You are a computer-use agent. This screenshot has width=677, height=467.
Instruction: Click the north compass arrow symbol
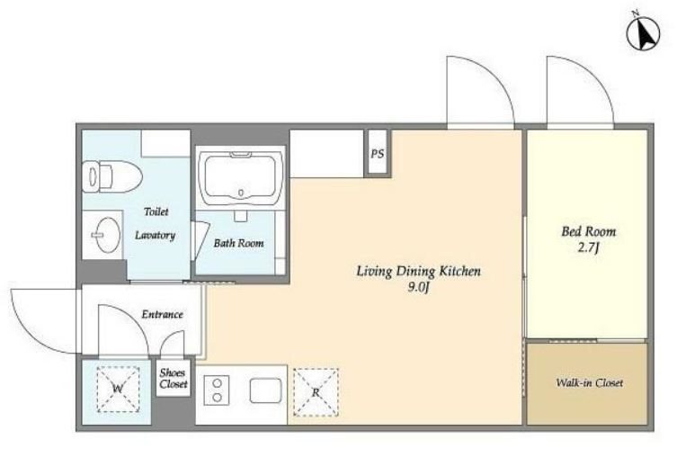(x=644, y=32)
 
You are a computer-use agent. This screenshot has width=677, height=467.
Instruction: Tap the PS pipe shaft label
(x=378, y=153)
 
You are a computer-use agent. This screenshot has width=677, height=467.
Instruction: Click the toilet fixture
(x=112, y=176)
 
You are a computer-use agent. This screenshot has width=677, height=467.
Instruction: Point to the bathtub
(x=240, y=177)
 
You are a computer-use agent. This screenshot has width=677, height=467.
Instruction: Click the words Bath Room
(x=239, y=243)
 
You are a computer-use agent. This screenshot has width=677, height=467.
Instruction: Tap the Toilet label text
(x=156, y=211)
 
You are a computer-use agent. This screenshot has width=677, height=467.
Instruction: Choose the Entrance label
(x=163, y=314)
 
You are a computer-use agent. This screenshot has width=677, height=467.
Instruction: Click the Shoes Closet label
(x=174, y=378)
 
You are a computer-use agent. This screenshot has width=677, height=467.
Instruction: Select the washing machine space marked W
(x=118, y=389)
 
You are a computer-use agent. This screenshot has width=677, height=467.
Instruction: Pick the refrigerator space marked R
(x=316, y=392)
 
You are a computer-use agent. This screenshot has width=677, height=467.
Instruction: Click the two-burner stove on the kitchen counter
(x=217, y=391)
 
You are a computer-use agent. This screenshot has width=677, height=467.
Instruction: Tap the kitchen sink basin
(x=265, y=391)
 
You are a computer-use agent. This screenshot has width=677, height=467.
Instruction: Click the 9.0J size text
(x=418, y=288)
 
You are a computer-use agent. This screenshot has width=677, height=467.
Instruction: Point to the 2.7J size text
(x=589, y=248)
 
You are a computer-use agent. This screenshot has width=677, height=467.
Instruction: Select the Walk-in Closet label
(x=590, y=382)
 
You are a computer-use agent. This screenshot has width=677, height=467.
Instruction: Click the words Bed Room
(x=589, y=232)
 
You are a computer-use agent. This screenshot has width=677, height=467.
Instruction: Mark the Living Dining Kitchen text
(x=418, y=272)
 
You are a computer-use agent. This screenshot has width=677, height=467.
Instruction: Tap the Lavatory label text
(x=155, y=236)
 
